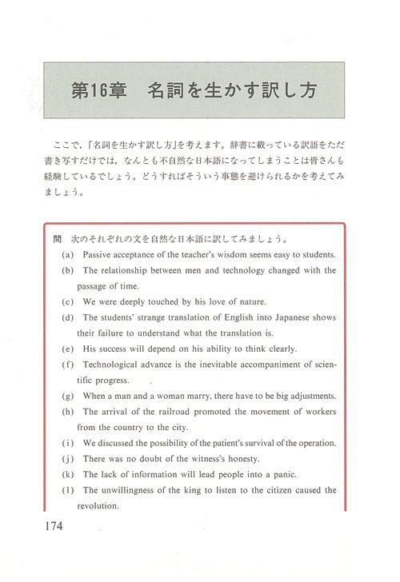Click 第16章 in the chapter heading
click(97, 88)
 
